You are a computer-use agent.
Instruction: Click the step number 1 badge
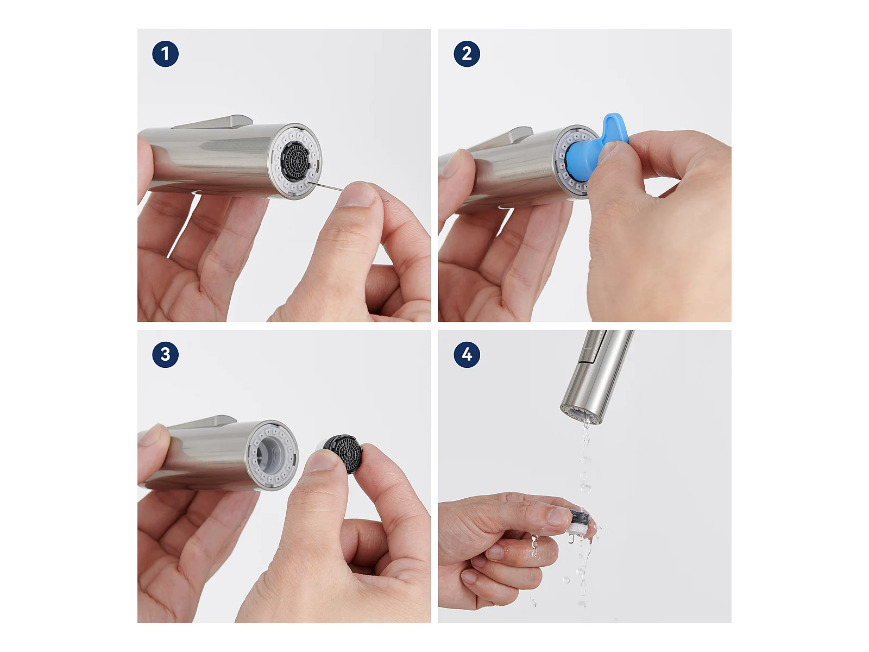pos(165,54)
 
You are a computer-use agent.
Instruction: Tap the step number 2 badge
pos(467,54)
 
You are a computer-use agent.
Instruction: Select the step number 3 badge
pos(165,354)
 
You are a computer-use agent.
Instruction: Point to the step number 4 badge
pos(467,354)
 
